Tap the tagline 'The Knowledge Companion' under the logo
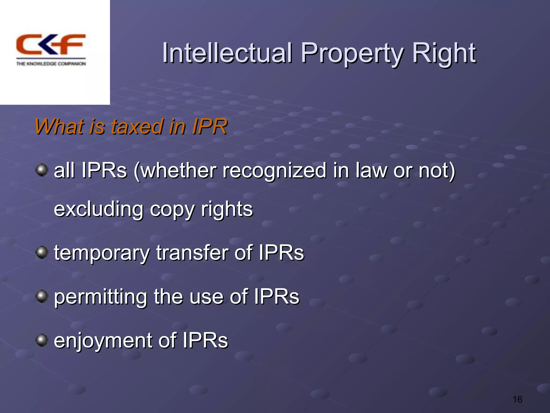tap(51, 64)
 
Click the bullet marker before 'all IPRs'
tap(42, 170)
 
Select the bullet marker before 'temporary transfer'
tap(42, 252)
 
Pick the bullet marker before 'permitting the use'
tap(42, 296)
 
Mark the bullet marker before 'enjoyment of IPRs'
tap(42, 340)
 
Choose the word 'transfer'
tap(192, 253)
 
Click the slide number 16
tap(517, 399)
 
